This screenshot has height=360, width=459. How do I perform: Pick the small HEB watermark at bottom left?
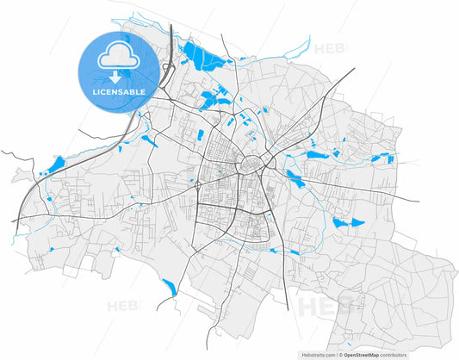121,306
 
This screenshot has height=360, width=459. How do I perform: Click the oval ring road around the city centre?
256,164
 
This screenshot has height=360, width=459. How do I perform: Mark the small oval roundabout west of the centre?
199,184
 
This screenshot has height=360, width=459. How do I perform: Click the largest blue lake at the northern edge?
204,59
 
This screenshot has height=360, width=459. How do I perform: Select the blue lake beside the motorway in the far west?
57,164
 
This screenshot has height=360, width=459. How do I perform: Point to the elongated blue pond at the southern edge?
169,287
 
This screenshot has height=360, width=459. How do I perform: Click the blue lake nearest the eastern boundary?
382,157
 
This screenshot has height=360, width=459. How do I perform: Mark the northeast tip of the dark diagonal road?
353,68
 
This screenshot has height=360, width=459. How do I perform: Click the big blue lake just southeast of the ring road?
294,179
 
